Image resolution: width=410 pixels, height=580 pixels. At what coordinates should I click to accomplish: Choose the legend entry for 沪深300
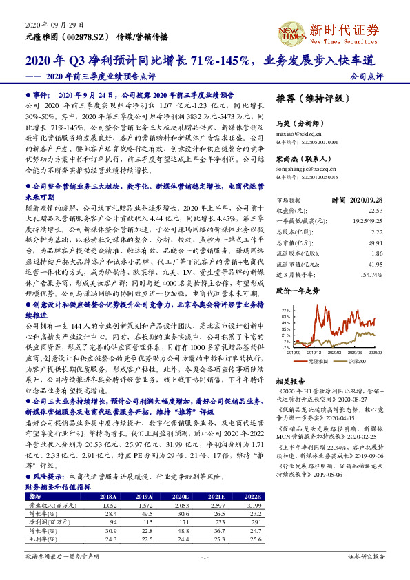[x=358, y=362]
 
